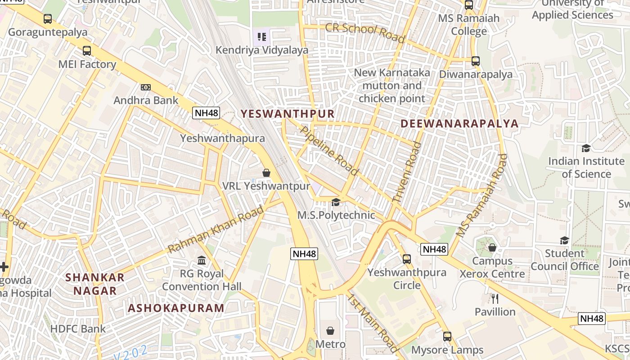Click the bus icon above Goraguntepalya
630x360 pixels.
coord(48,19)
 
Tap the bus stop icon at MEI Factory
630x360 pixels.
coord(87,51)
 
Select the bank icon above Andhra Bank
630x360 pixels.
coord(145,87)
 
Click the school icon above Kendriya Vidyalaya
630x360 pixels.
coord(262,36)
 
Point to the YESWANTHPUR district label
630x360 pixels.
coord(288,114)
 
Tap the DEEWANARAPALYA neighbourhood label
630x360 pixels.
coord(459,123)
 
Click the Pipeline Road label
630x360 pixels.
coord(329,151)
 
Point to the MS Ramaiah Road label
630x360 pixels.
coord(481,196)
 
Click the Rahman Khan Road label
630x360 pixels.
coord(216,229)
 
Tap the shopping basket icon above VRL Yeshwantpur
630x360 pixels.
coord(266,173)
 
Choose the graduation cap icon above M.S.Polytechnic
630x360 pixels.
coord(336,202)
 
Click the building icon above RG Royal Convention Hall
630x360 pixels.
coord(202,260)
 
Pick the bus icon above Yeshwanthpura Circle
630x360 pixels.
coord(407,259)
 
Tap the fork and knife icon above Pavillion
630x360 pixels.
coord(495,298)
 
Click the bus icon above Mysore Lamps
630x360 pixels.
coord(447,337)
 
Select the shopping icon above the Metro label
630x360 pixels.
coord(330,331)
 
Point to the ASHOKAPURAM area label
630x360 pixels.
coord(176,308)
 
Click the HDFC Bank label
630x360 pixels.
coord(78,329)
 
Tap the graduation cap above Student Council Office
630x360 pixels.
coord(564,240)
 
